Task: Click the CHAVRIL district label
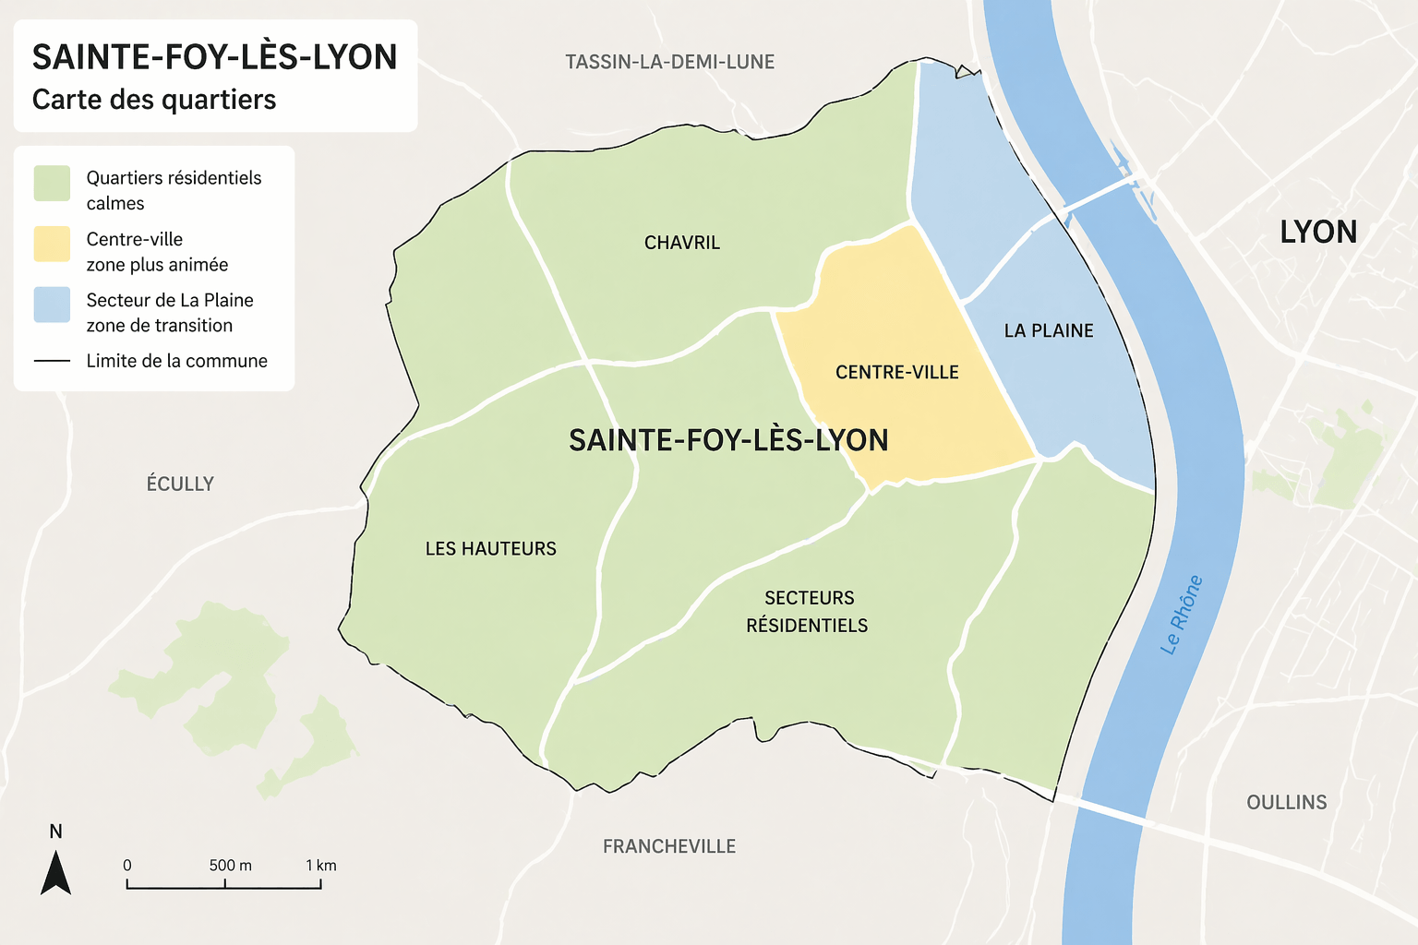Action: coord(681,243)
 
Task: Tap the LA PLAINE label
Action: coord(1049,330)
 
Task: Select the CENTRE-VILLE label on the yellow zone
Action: coord(896,372)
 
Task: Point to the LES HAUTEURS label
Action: coord(490,548)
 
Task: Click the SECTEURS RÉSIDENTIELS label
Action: coord(808,611)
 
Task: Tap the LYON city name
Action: coord(1317,232)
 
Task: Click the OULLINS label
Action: coord(1286,802)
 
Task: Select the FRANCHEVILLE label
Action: coord(668,846)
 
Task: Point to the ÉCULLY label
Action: coord(180,484)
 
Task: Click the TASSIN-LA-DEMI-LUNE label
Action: coord(669,62)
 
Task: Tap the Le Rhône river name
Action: coord(1182,615)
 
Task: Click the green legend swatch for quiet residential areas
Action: coord(52,183)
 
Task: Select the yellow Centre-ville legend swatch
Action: coord(52,244)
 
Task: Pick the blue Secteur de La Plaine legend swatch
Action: coord(52,305)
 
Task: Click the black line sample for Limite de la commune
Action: coord(52,361)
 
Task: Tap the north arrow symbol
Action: coord(55,871)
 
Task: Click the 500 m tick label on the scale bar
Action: coord(230,866)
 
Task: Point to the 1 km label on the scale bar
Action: coord(320,866)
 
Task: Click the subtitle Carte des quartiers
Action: coord(154,100)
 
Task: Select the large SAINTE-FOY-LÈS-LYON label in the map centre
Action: coord(728,440)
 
